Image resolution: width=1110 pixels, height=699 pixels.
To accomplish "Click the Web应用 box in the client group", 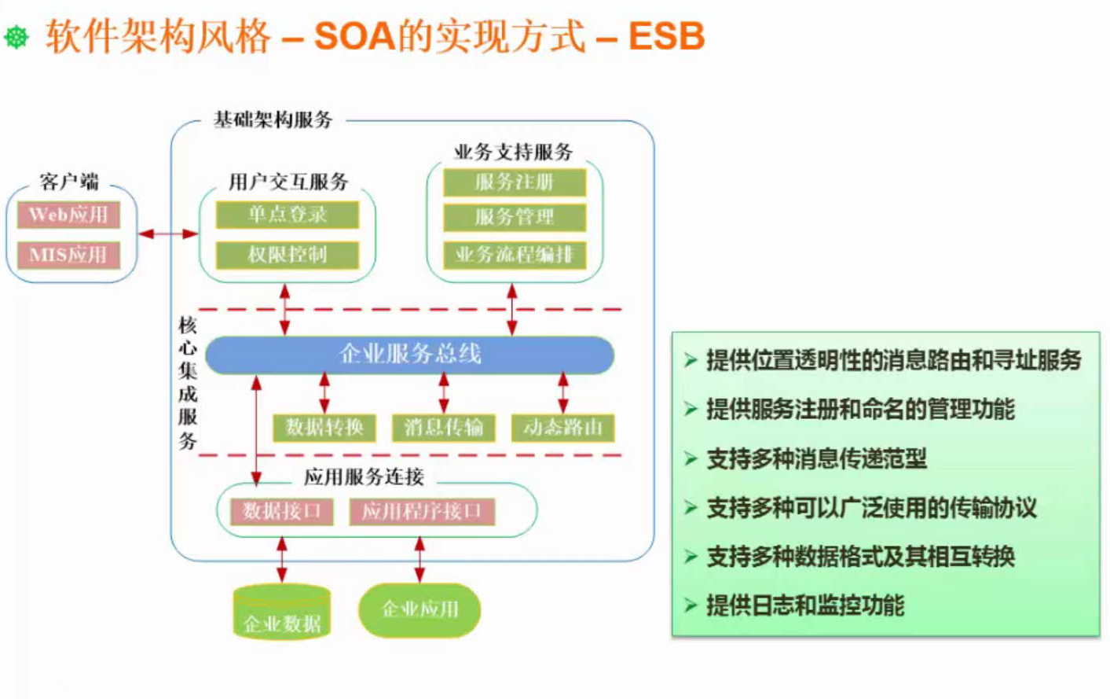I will click(x=68, y=215).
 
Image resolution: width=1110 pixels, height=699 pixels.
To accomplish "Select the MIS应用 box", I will click(x=68, y=255).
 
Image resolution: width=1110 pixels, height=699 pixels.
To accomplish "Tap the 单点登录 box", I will click(x=288, y=215).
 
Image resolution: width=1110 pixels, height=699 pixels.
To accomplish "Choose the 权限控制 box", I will click(x=288, y=255).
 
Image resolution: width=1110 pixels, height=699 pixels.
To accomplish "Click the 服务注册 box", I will click(x=515, y=182).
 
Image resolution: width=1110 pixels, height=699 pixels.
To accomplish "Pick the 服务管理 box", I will click(x=515, y=217).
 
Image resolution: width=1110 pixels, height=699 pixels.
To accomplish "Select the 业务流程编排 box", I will click(x=515, y=255).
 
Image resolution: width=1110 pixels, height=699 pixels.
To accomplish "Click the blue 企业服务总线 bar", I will click(x=409, y=355).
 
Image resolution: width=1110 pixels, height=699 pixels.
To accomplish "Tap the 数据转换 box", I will click(x=324, y=428).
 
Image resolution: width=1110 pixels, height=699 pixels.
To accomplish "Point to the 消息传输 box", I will click(x=444, y=428).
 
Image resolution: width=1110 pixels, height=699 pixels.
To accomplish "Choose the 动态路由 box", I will click(x=562, y=428).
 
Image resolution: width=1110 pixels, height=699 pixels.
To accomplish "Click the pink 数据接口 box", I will click(x=282, y=512).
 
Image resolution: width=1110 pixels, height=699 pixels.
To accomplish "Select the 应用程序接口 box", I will click(x=421, y=512).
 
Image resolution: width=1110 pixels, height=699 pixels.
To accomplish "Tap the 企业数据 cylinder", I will click(x=282, y=613).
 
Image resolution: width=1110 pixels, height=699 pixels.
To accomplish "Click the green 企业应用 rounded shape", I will click(x=419, y=609).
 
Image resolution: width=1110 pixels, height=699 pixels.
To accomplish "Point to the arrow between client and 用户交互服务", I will click(x=168, y=234).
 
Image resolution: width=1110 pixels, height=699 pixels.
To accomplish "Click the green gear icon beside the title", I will click(x=16, y=37).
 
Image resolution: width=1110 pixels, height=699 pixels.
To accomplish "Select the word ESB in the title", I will click(x=666, y=36).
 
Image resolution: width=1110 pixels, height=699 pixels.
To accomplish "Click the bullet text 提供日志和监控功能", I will click(x=805, y=605).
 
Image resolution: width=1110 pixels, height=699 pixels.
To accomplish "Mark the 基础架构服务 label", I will click(x=273, y=120).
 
